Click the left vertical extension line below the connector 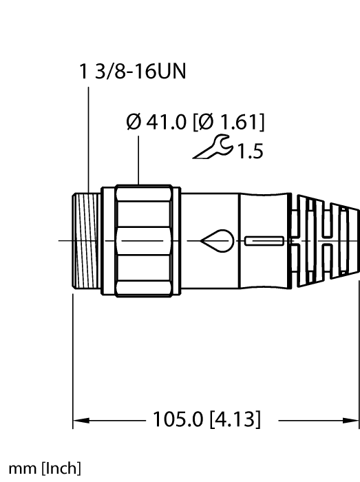click(x=74, y=358)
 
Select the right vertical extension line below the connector click(x=358, y=358)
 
